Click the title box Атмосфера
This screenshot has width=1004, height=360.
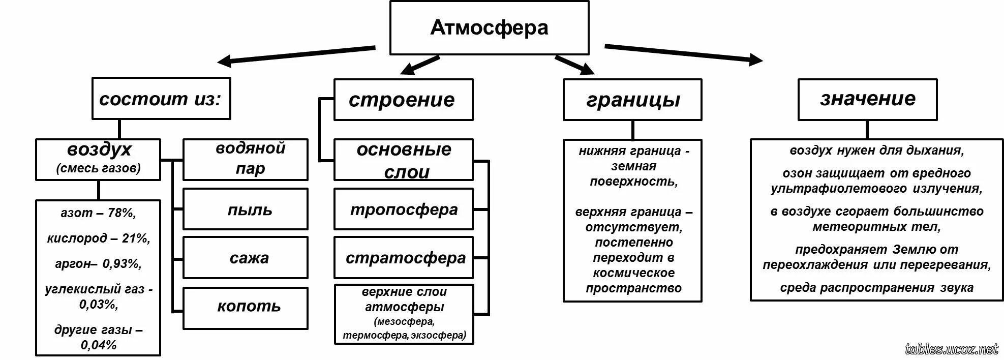coord(489,27)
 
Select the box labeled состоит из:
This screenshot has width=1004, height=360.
coord(161,99)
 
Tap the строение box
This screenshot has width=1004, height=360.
coord(403,100)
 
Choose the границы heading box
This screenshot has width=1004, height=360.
coord(632,100)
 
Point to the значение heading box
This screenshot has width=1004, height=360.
coord(867,99)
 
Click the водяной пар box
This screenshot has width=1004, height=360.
coord(245,159)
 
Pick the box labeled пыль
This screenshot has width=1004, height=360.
coord(245,209)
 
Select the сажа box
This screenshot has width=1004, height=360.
coord(245,257)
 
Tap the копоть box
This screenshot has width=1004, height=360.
coord(245,307)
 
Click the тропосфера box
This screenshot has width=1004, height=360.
coord(403,209)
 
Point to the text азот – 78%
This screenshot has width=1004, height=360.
coord(98,213)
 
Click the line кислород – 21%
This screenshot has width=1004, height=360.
coord(98,238)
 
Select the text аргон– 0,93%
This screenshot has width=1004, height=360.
coord(98,264)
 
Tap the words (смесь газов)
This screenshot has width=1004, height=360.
coord(98,168)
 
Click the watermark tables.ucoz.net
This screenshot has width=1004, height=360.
coord(952,349)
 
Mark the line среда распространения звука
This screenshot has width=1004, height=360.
coord(876,288)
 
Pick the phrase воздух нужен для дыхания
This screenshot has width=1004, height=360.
coord(876,151)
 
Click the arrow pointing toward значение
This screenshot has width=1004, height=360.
coord(684,53)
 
